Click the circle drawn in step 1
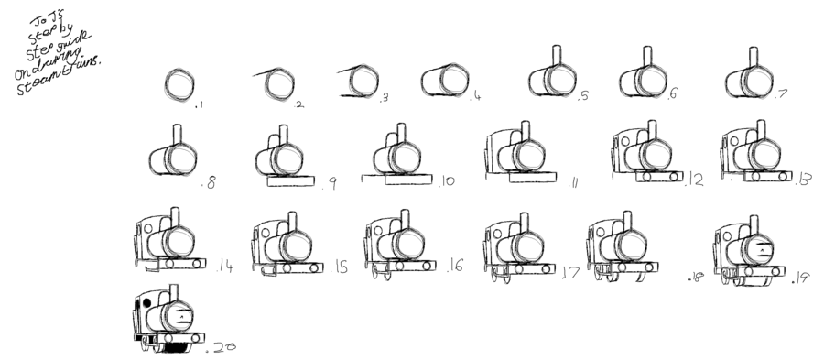pyautogui.click(x=179, y=85)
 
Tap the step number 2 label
pyautogui.click(x=298, y=104)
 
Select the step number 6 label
pyautogui.click(x=673, y=93)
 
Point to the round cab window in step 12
pyautogui.click(x=625, y=142)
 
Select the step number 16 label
pyautogui.click(x=456, y=267)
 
